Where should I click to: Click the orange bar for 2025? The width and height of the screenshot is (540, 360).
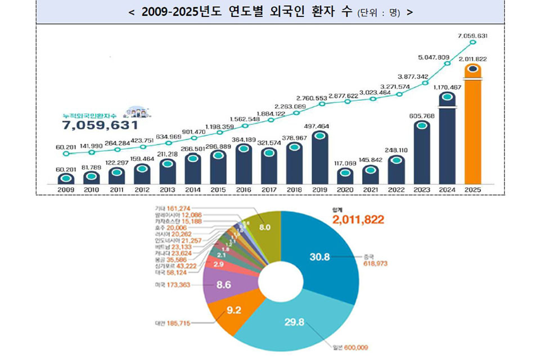473,129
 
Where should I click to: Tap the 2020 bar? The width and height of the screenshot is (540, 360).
345,176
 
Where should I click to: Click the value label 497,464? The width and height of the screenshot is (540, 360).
319,127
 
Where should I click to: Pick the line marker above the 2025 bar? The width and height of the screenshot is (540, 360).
472,42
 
